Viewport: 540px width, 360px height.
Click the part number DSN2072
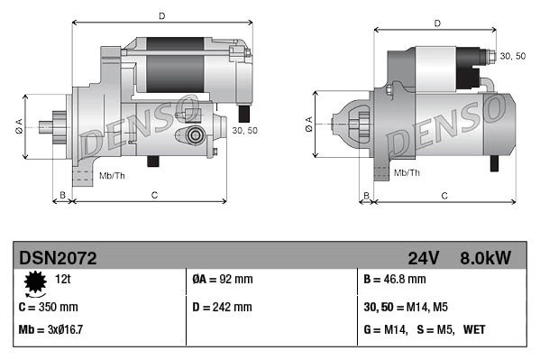[x=58, y=258]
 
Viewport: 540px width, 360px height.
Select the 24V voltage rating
[x=424, y=258]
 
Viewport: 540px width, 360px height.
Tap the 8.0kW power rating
[x=485, y=258]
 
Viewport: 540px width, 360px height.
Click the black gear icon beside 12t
[x=37, y=283]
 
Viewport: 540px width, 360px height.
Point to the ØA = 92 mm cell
[x=223, y=281]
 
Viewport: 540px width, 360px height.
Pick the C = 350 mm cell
[x=49, y=307]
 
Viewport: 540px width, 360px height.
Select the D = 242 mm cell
[x=223, y=307]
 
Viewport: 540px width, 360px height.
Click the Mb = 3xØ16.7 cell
[x=52, y=330]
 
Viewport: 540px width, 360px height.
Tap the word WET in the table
[x=474, y=330]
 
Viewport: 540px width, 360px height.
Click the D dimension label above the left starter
[x=162, y=15]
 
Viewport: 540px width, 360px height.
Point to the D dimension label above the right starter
[x=436, y=23]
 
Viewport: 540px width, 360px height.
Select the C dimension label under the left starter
[x=154, y=194]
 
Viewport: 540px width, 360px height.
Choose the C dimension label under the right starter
[x=445, y=195]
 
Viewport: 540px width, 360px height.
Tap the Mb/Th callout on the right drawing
[x=407, y=172]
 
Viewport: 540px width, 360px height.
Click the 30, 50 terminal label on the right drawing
[x=512, y=56]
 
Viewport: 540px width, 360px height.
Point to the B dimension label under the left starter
[x=62, y=194]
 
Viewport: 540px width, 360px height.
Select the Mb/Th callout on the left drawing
[x=112, y=175]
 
